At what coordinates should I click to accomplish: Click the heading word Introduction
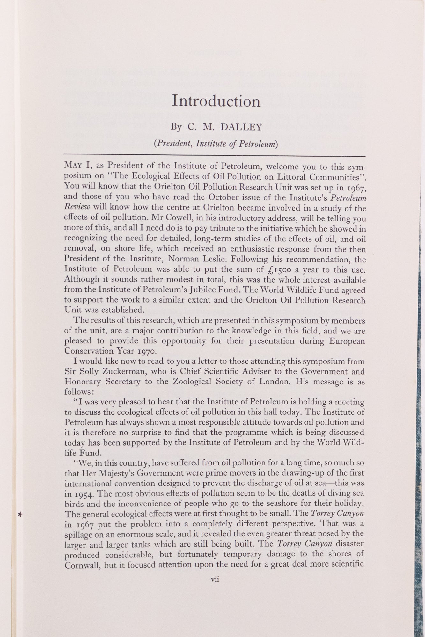coord(216,101)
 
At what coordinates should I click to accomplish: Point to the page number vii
coord(215,579)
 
